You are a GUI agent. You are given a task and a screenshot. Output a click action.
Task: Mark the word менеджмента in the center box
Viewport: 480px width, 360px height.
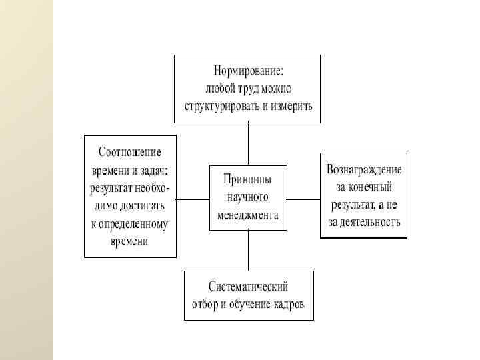click(247, 215)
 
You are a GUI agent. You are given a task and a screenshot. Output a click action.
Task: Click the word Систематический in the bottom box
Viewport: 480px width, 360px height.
click(248, 287)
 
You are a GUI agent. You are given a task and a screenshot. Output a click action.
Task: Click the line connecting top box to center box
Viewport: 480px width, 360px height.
click(248, 143)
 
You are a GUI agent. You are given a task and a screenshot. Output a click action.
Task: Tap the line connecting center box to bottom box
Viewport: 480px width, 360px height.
click(248, 250)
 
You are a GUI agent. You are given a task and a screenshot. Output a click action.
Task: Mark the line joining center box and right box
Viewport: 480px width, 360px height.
click(303, 199)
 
